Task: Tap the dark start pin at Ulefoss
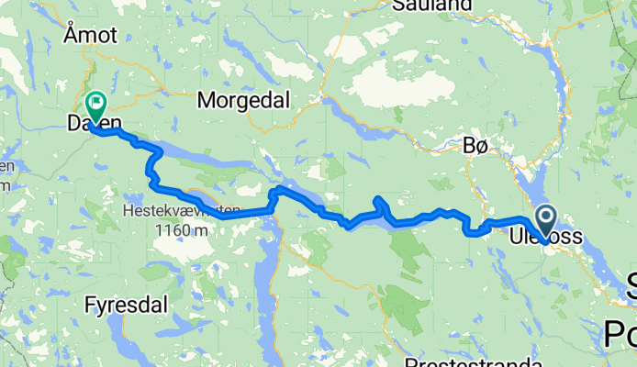[x=545, y=221]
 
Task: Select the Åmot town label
[x=91, y=35]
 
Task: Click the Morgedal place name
[x=243, y=99]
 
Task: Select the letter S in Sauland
[x=397, y=5]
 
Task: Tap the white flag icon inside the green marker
[x=95, y=102]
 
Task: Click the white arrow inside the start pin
[x=545, y=217]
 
